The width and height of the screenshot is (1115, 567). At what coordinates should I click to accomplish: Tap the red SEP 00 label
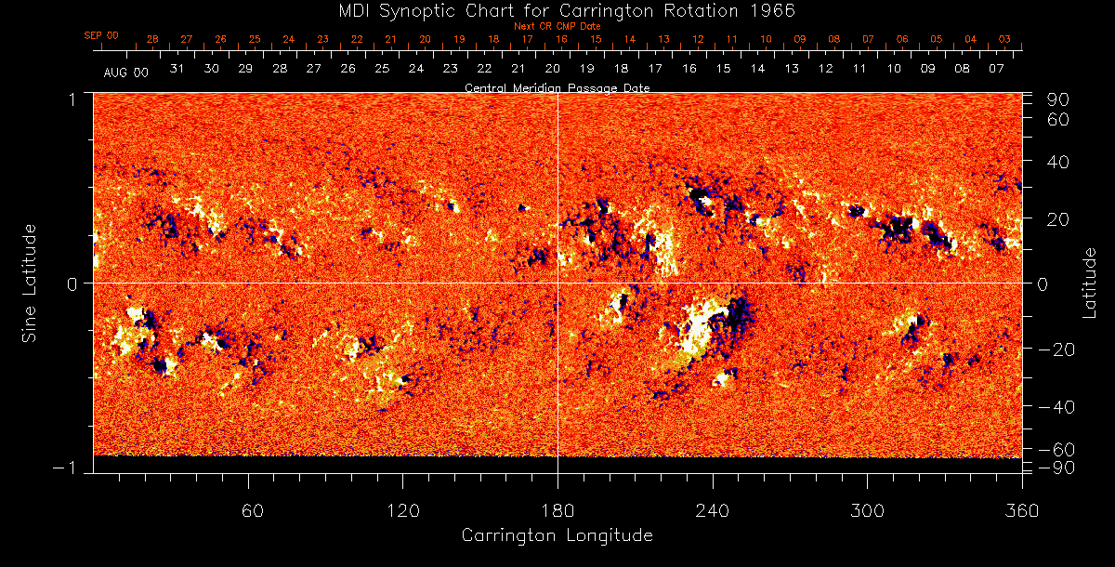pos(101,35)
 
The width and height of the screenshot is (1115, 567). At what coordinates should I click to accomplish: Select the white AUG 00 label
pos(126,72)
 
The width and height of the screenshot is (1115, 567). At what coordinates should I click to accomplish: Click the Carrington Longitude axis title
pos(557,536)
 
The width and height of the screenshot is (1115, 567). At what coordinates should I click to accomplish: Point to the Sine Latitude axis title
pos(30,283)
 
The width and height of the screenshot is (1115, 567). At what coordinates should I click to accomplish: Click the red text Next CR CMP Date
pos(557,26)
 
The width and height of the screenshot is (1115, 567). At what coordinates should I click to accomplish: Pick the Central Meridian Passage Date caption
pos(557,87)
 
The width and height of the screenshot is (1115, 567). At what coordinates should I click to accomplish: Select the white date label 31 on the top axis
pos(177,69)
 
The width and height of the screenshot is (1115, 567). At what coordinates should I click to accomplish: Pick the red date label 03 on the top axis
pos(1005,39)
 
